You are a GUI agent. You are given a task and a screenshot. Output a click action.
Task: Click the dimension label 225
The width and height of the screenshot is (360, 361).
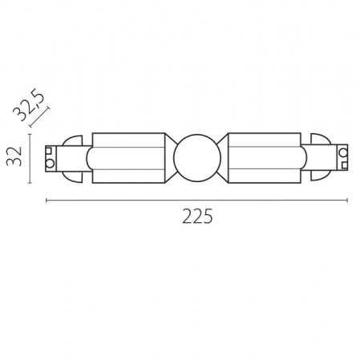197,216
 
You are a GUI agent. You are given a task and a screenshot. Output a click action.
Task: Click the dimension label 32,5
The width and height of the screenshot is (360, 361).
29,104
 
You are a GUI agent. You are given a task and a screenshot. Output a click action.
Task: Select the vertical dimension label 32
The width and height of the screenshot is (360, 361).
14,156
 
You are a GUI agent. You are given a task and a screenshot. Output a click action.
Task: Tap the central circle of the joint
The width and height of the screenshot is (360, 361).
197,158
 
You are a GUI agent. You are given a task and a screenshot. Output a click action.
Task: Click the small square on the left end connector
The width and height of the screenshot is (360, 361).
48,151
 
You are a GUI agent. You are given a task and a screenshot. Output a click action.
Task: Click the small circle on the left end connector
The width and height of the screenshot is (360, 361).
50,164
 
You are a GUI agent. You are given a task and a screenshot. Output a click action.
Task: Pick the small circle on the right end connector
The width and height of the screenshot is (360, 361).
343,153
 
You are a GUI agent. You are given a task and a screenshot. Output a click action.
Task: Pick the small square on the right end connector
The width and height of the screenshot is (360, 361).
345,165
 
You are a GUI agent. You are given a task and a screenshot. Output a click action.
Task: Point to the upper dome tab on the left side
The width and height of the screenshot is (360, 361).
72,140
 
